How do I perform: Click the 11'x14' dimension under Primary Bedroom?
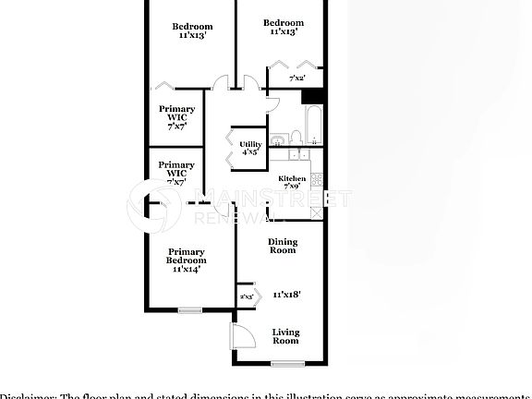[x=187, y=270]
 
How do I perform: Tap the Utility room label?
[x=250, y=145]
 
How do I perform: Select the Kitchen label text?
[x=292, y=178]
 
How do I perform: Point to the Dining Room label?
[x=283, y=246]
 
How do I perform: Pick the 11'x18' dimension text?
[x=286, y=295]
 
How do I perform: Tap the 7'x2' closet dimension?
[x=297, y=79]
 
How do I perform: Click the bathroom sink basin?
[x=298, y=140]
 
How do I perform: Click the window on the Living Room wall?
[x=286, y=363]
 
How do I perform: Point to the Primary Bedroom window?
[x=188, y=310]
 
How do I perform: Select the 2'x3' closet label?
[x=247, y=296]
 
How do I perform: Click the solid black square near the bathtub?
[x=314, y=95]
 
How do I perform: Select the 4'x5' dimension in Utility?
[x=250, y=153]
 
